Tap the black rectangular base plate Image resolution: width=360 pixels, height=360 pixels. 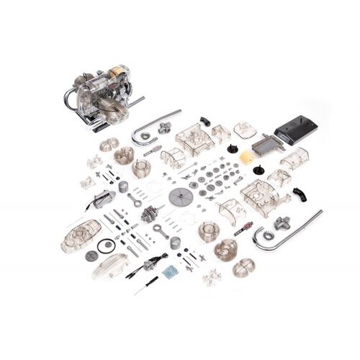pos(295,130)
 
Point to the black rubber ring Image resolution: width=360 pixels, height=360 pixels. pos(107,246)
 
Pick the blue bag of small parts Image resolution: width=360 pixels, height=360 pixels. pos(171,271)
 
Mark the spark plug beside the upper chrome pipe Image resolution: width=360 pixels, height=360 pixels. pos(152,152)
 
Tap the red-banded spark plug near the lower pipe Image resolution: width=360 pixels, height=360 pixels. pos(243,227)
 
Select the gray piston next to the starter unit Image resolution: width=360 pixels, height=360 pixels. pos(123,186)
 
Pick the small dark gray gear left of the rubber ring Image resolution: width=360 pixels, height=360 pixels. pos(91,255)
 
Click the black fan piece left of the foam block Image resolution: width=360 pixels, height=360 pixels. pos(233,149)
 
